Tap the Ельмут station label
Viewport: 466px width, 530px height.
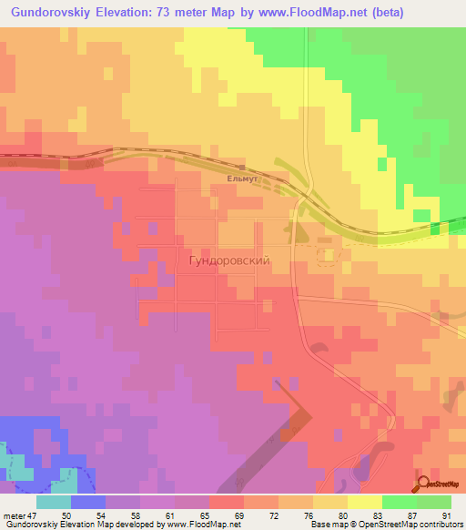[243, 180]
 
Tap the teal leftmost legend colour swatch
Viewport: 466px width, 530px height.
[53, 502]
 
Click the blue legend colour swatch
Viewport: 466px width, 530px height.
[87, 502]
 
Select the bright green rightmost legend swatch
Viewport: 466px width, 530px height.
[434, 502]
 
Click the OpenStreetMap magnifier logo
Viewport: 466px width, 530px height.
[422, 484]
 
